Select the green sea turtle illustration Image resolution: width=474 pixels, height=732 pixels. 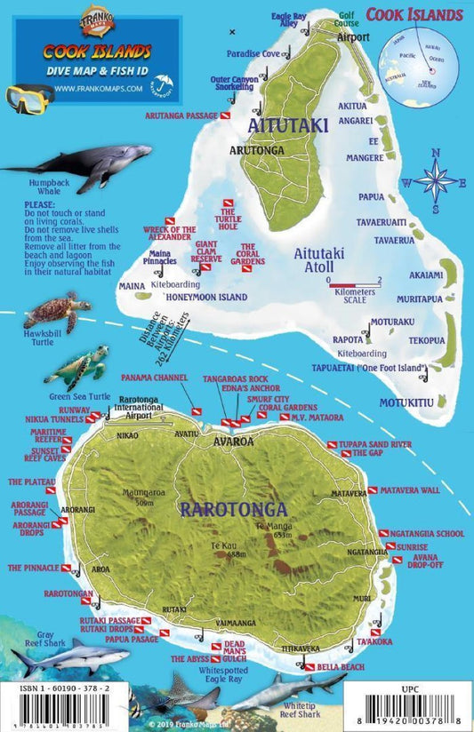[x=78, y=365]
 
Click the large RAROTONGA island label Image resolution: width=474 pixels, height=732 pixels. [x=233, y=510]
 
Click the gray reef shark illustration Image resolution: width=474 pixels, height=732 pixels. [x=67, y=656]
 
